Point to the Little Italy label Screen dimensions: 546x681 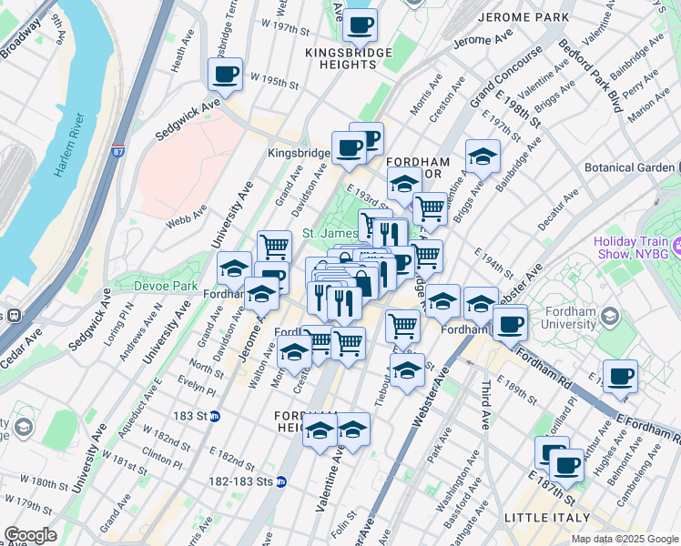(x=543, y=518)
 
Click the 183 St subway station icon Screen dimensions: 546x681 (x=215, y=416)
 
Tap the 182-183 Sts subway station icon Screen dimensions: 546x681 (x=282, y=481)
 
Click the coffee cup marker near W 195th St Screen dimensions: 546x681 (x=225, y=75)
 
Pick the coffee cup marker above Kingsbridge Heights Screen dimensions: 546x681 (x=360, y=25)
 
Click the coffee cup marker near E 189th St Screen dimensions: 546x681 (x=620, y=375)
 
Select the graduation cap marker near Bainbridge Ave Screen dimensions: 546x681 (x=483, y=156)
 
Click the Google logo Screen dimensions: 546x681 (x=30, y=535)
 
